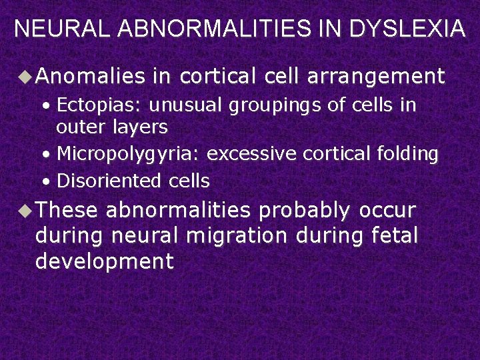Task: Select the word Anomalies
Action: [90, 77]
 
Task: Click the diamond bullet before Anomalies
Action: [25, 77]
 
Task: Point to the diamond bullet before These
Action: [25, 211]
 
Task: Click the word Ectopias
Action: [98, 106]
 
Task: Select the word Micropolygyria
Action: [128, 155]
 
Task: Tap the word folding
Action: [406, 155]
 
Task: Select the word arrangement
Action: [376, 77]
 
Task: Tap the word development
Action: [105, 261]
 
